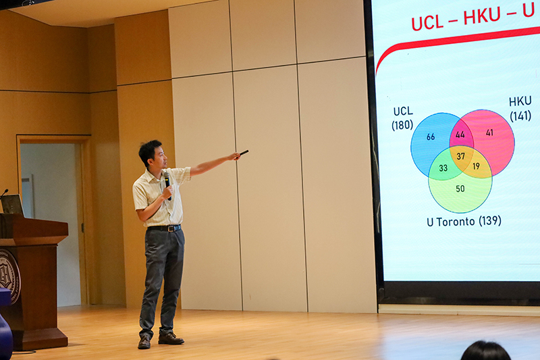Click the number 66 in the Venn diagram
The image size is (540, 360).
click(x=431, y=136)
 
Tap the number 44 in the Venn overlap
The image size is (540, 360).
click(x=460, y=134)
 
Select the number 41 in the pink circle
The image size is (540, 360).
click(x=489, y=132)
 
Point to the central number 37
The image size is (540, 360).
click(x=461, y=157)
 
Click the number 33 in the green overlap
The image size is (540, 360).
click(x=443, y=168)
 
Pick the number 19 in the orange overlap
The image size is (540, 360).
click(x=477, y=166)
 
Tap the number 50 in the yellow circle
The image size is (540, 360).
click(x=460, y=188)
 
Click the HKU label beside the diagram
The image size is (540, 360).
click(x=520, y=101)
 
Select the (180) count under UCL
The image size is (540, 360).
click(x=402, y=125)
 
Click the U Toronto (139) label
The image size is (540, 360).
click(x=464, y=221)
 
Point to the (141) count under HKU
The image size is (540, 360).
click(x=520, y=115)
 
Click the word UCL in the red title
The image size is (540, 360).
click(x=427, y=23)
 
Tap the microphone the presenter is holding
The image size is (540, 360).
click(x=167, y=184)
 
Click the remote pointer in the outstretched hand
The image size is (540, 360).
click(x=244, y=152)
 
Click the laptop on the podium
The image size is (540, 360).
click(x=13, y=205)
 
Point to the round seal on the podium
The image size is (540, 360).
click(x=9, y=276)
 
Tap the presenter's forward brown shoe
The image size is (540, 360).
click(x=171, y=338)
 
